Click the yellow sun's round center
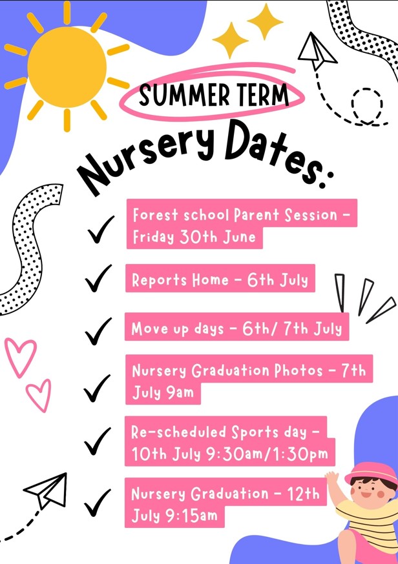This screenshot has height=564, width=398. click(x=67, y=67)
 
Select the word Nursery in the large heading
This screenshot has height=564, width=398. click(x=146, y=158)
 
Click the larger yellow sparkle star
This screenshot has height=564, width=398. click(x=231, y=40)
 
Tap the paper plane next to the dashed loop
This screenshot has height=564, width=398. click(x=317, y=51)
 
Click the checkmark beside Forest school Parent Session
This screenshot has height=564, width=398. click(x=101, y=230)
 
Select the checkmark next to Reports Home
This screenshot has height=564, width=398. click(x=98, y=278)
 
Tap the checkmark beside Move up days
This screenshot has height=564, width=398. click(x=98, y=331)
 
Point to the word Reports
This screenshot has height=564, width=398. click(x=160, y=280)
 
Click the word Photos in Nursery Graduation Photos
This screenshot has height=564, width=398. click(x=298, y=370)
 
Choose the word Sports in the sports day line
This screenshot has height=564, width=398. click(x=255, y=432)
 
